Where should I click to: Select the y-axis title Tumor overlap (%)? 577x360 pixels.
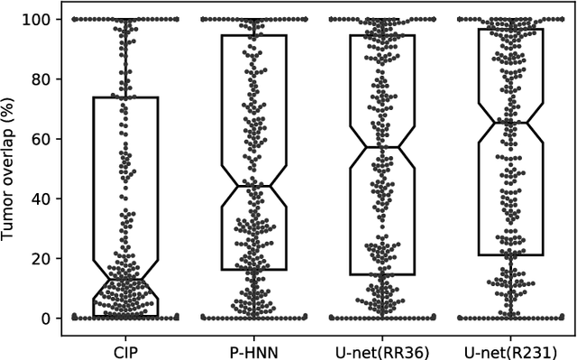tap(11, 168)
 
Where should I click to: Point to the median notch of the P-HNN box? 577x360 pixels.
tap(253, 186)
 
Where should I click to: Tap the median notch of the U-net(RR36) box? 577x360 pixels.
tap(381, 147)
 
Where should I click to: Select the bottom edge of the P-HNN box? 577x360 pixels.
tap(253, 270)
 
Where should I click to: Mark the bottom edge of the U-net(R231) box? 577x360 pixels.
tap(510, 255)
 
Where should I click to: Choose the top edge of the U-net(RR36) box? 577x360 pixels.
tap(381, 35)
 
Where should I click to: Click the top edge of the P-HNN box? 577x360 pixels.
tap(253, 35)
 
